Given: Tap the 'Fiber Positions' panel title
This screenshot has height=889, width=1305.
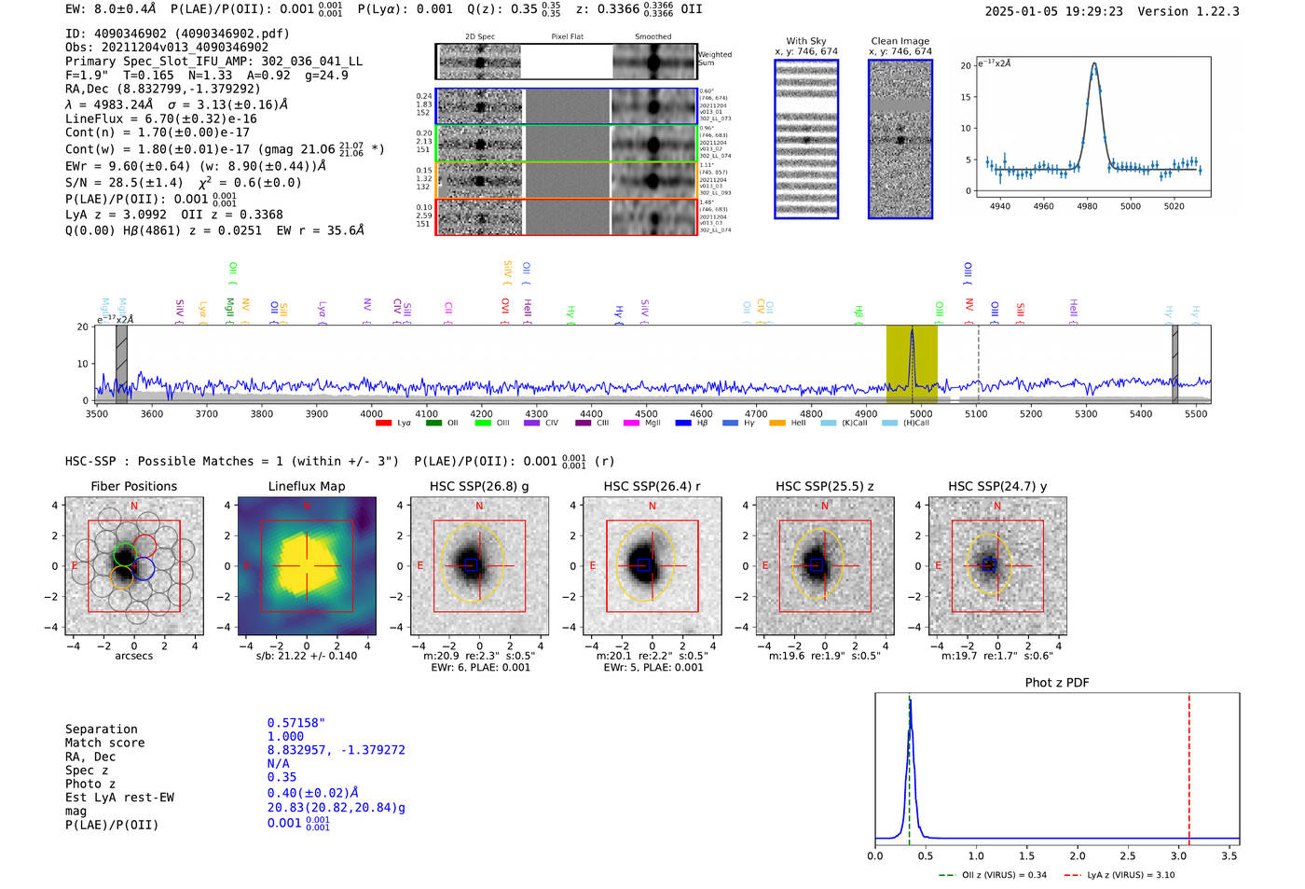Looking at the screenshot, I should click(x=133, y=486).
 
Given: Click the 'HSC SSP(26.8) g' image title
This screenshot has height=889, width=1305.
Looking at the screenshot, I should click(x=479, y=486).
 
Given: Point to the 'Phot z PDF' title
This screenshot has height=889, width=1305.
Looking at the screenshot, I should click(x=1056, y=682).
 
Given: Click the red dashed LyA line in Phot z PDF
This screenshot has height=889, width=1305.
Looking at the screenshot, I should click(x=1188, y=765).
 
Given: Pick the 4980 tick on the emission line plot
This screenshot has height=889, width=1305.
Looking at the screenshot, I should click(x=1087, y=206).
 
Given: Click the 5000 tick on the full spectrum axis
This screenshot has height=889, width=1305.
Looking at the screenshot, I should click(x=920, y=413).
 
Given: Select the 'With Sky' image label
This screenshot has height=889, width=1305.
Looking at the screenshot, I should click(x=805, y=41).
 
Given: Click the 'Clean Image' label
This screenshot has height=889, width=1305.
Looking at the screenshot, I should click(x=900, y=41).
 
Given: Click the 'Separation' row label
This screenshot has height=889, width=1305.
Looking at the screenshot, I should click(x=101, y=729).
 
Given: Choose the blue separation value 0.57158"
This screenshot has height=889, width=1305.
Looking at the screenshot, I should click(x=295, y=723).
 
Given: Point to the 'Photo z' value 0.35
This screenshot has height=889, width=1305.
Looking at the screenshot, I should click(x=282, y=777).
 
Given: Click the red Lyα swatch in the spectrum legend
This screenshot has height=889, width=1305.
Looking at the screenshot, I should click(x=383, y=424).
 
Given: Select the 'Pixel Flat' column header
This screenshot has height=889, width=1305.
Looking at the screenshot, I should click(x=567, y=36).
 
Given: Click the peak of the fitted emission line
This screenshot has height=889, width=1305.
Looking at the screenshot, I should click(x=1094, y=64).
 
